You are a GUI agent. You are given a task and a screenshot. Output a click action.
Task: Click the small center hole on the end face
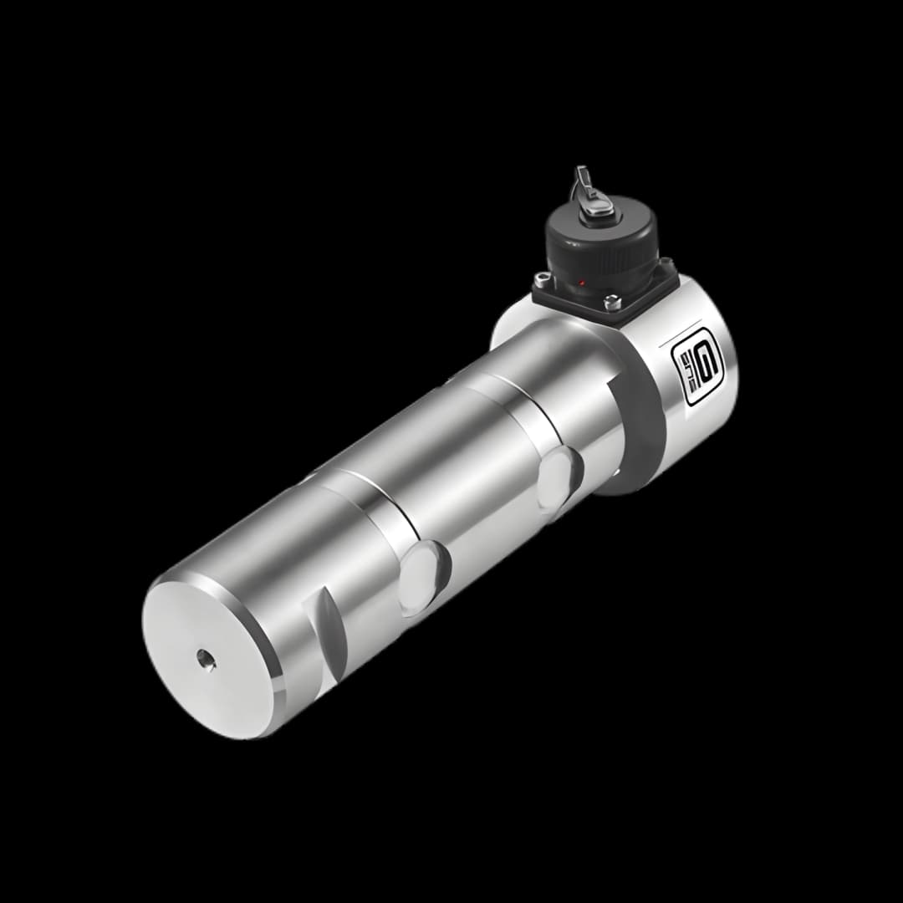(x=205, y=661)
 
